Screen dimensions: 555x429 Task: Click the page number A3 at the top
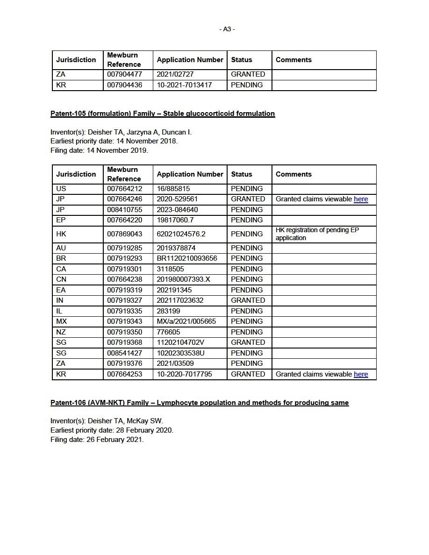(x=227, y=29)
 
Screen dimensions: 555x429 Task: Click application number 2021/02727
(x=175, y=74)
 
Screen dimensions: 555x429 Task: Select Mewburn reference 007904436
(x=125, y=85)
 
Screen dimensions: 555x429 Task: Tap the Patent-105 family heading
(x=163, y=114)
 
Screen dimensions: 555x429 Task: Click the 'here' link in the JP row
(x=361, y=199)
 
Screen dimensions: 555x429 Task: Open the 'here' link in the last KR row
(x=361, y=374)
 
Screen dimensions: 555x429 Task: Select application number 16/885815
(x=173, y=189)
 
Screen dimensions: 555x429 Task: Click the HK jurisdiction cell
(x=61, y=234)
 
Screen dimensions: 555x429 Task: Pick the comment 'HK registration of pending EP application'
(x=317, y=234)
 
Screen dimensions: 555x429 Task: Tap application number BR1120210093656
(x=187, y=258)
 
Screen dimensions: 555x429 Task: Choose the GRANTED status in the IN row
(x=248, y=300)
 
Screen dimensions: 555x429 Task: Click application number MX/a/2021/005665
(x=186, y=321)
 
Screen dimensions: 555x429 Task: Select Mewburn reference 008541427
(x=125, y=353)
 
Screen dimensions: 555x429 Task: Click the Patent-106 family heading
(x=200, y=403)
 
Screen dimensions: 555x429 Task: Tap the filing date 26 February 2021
(x=115, y=440)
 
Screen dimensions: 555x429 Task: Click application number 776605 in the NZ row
(x=168, y=332)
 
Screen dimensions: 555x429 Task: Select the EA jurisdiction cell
(x=61, y=290)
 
